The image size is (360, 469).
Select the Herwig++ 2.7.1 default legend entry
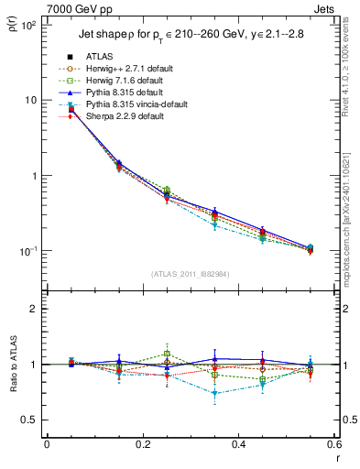coord(130,69)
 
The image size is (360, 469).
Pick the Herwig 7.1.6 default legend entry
coord(126,81)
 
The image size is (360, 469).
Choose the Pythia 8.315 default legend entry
coord(124,93)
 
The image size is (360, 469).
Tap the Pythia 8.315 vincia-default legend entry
coord(136,104)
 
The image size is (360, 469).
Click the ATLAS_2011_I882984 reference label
coord(190,274)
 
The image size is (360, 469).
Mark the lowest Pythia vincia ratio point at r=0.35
coord(214,394)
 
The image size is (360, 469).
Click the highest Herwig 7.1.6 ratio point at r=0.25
coord(167,354)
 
